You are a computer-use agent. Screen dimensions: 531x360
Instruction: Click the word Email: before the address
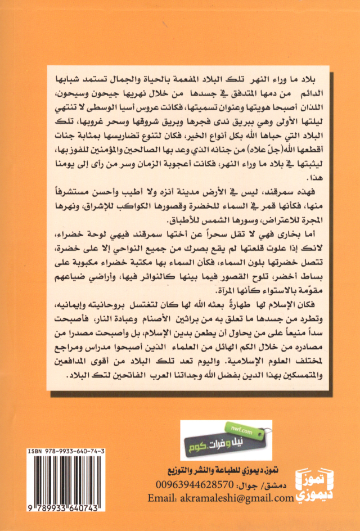(164, 498)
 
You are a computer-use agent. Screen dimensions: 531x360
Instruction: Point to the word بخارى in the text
(288, 233)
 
